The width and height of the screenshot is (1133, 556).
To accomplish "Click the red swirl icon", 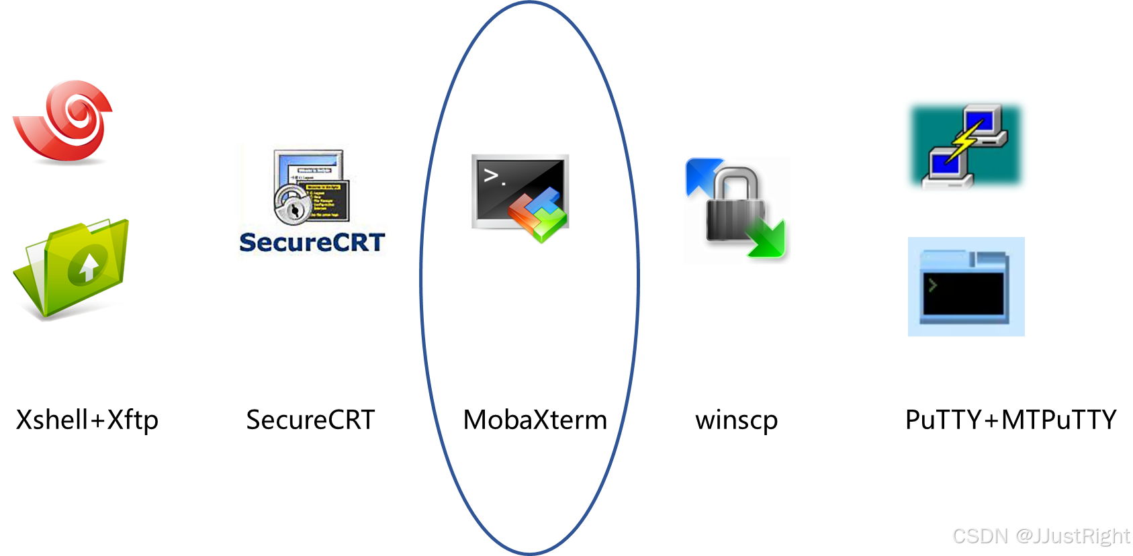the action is point(64,122).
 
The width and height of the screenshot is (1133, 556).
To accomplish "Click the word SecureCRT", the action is point(312,242).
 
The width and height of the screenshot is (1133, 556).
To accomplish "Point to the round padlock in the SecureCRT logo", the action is point(291,205).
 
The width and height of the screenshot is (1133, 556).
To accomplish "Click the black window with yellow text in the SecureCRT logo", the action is point(324,199).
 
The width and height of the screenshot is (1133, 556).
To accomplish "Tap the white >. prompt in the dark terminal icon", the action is point(494,177).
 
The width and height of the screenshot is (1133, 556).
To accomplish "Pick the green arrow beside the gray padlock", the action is point(768,239).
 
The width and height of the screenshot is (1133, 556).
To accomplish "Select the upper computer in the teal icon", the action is point(985,124).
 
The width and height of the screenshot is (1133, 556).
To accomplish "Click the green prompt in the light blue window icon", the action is point(932,285).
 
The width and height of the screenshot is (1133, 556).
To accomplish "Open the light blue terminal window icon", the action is point(966,287).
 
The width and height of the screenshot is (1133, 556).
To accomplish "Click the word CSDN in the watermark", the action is point(979,535).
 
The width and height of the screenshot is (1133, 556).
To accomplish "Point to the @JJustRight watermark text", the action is point(1072,535).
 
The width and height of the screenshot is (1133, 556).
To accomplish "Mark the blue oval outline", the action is point(421,278).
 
